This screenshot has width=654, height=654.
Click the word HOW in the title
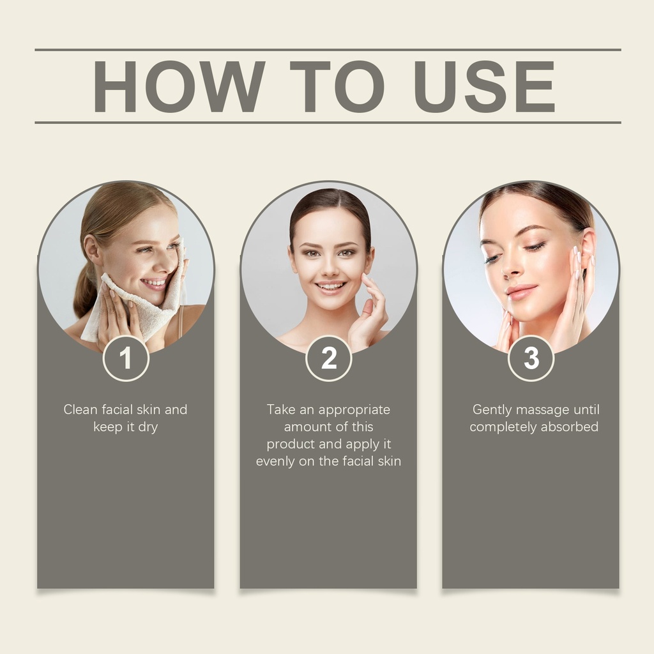click(x=179, y=86)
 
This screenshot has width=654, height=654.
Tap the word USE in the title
click(x=484, y=86)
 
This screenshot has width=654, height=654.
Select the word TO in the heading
click(x=337, y=86)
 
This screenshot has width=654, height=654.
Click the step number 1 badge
click(x=126, y=358)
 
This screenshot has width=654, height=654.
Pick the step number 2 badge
click(x=329, y=358)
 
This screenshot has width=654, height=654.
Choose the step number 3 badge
click(x=531, y=358)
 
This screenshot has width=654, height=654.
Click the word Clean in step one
click(x=80, y=409)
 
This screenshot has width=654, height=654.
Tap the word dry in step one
click(x=148, y=428)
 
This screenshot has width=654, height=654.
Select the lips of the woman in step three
click(x=521, y=291)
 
